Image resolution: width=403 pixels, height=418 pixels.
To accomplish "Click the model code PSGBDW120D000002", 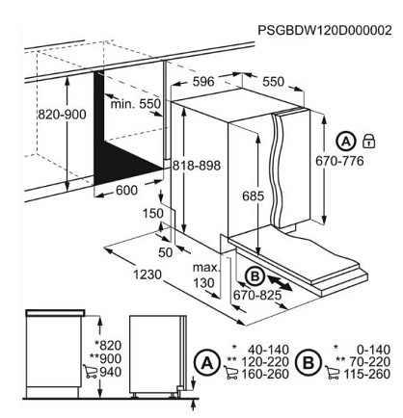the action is click(325, 30).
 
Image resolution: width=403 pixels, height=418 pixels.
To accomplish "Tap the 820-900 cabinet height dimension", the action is click(62, 115).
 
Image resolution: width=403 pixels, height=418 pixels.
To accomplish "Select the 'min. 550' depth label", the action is click(136, 104).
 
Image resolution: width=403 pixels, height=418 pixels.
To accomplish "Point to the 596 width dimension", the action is click(203, 82).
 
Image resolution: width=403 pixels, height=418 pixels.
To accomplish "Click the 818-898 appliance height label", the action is click(197, 166).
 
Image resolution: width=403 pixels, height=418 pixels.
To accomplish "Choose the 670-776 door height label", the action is click(339, 161).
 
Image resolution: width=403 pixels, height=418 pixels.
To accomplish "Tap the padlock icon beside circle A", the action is click(369, 141).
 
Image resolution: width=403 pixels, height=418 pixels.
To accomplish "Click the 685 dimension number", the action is click(253, 196).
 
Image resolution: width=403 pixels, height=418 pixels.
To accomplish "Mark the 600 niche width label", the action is click(126, 191).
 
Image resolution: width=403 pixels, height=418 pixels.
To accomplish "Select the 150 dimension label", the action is click(153, 214).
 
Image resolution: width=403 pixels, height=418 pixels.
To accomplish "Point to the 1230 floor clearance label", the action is click(148, 274).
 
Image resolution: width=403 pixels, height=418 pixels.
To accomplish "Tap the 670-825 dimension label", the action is click(257, 295).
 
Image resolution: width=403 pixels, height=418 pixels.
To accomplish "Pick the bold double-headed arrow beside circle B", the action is click(280, 283).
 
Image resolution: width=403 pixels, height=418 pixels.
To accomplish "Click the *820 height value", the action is click(108, 346).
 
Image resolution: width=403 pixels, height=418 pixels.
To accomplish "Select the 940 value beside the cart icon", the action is click(111, 373).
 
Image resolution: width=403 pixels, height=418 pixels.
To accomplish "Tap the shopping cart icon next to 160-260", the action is click(232, 374).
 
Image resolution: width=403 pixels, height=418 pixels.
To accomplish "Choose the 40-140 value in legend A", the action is click(268, 350).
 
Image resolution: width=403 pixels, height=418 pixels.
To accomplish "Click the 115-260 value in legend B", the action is click(367, 374).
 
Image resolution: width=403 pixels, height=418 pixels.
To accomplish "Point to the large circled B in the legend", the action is click(309, 364).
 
